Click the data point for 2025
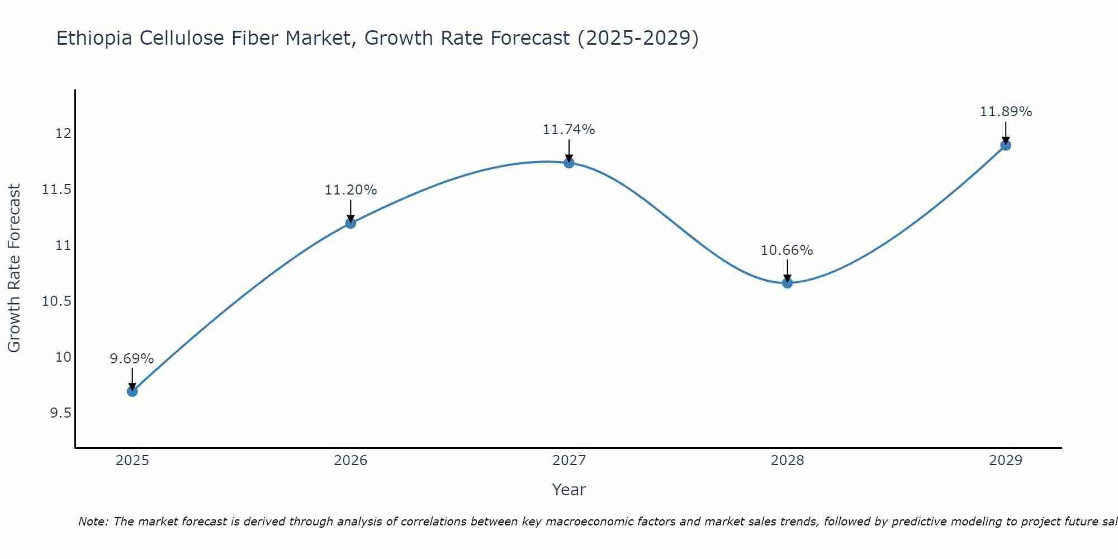(x=132, y=391)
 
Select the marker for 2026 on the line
(x=350, y=223)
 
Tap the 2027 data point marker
(x=569, y=163)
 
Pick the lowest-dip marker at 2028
(x=787, y=283)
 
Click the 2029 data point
(x=1005, y=145)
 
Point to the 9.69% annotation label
(x=131, y=359)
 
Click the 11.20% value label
(x=350, y=190)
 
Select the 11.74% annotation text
(x=569, y=130)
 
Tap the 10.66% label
(x=787, y=250)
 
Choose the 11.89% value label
(x=1006, y=112)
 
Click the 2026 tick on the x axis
(x=350, y=461)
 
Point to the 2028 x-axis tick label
(x=787, y=461)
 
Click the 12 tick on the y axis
(x=63, y=134)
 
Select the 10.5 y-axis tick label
(x=57, y=301)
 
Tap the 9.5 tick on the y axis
(x=60, y=413)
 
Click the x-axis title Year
(x=569, y=490)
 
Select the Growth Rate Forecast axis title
(x=14, y=268)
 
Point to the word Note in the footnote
(x=93, y=522)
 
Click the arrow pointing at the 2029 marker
(x=1005, y=132)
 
